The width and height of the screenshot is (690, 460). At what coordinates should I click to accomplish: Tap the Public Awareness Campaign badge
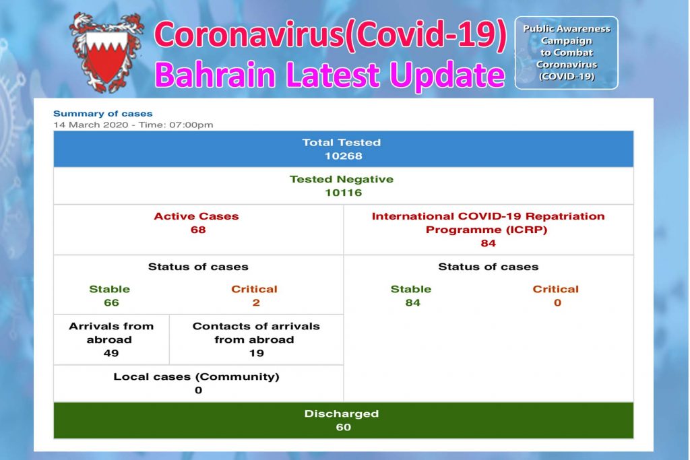coord(566,53)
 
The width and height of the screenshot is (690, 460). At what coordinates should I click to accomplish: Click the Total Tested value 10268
coord(343,156)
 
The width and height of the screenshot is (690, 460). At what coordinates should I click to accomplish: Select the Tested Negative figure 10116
coord(343,193)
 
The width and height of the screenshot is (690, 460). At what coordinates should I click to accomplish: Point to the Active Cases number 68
coord(197,230)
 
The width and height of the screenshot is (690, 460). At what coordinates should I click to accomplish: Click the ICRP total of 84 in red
coord(488,243)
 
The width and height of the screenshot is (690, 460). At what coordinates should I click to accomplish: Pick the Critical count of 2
coord(255,302)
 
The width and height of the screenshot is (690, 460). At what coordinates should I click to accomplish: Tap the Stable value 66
coord(111,302)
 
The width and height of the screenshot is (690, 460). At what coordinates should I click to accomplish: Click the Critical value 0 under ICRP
coord(557,302)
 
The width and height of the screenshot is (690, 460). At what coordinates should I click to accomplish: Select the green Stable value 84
coord(412,302)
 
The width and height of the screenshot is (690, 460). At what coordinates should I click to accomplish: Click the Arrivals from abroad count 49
coord(111,353)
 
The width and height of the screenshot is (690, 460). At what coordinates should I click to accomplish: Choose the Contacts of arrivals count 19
coord(255,353)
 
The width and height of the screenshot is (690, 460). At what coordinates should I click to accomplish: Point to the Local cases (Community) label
coord(196,376)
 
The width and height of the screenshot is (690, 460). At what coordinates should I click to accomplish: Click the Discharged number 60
coord(343,427)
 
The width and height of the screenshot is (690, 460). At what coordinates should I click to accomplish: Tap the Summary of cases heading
coord(102,114)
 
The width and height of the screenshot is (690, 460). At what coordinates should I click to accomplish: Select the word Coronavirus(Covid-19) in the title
coord(329,36)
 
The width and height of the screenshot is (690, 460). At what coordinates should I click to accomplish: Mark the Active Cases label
coord(196,216)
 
